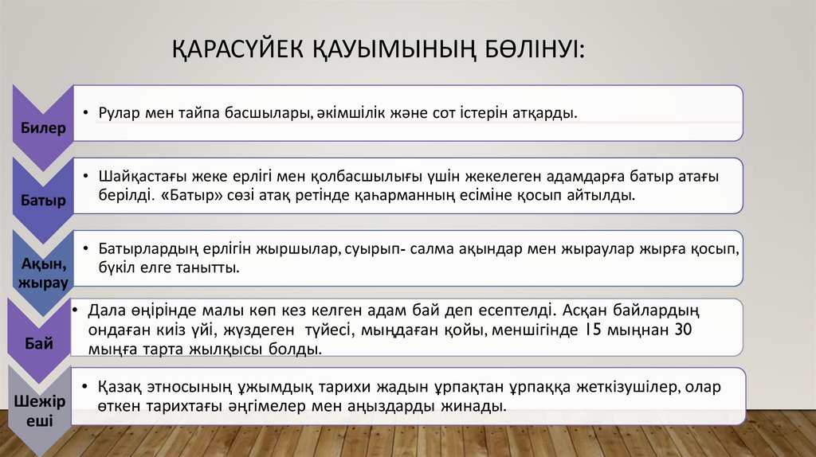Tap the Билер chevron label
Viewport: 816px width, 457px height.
[43, 127]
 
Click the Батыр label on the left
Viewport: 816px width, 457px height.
[43, 199]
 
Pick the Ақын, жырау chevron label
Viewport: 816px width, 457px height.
[43, 272]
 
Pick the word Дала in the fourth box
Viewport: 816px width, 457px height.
[105, 309]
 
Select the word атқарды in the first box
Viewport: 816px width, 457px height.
[550, 113]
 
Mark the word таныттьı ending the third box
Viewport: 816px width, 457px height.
[210, 268]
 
